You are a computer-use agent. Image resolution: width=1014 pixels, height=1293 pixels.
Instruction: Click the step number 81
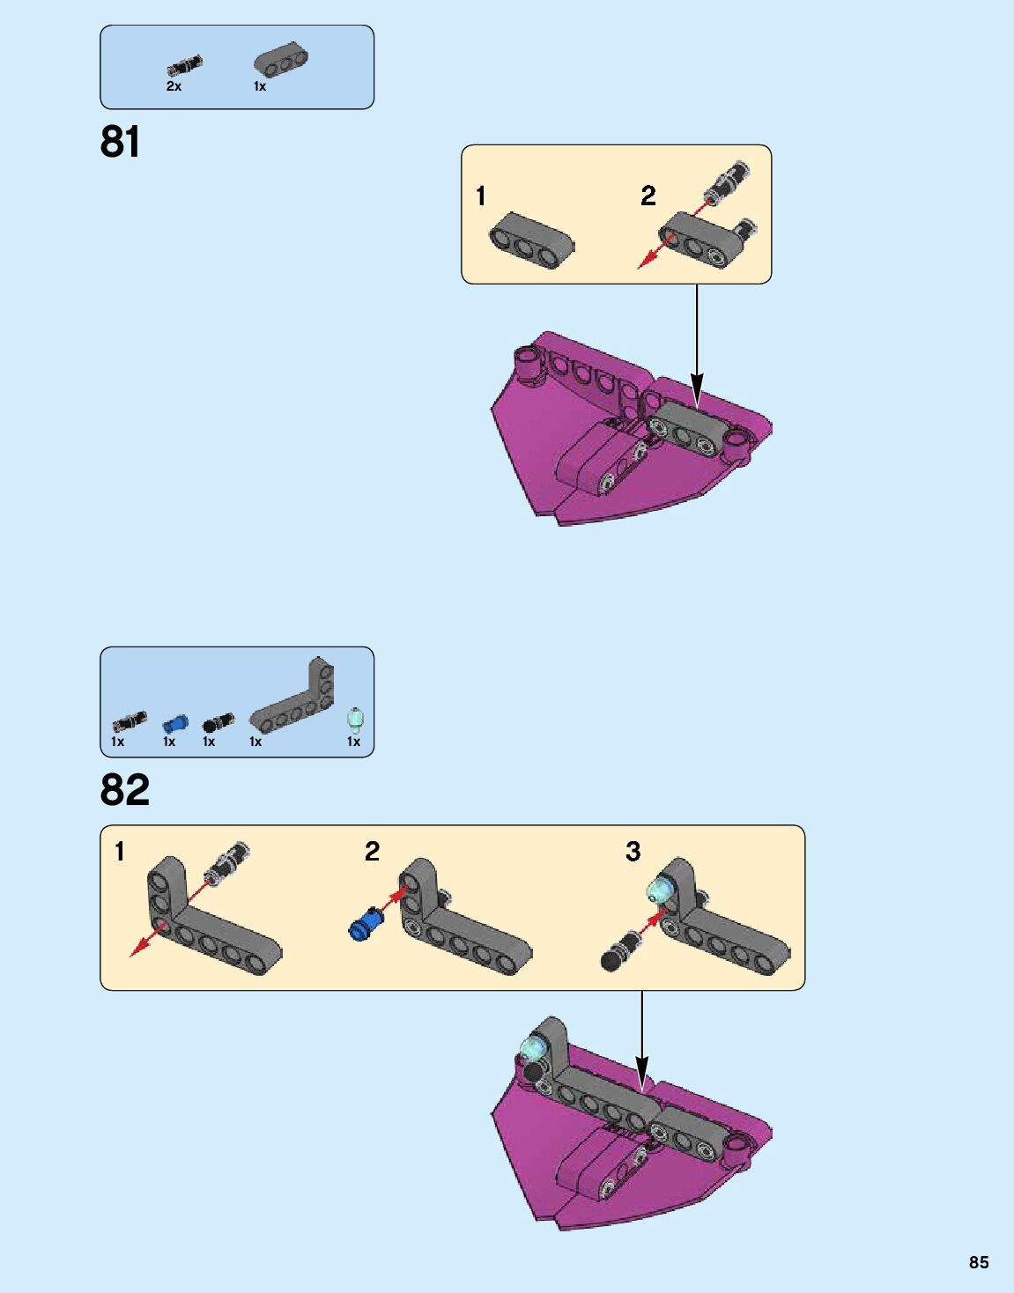click(x=120, y=142)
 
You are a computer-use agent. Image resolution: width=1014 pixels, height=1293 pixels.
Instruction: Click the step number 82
click(x=124, y=790)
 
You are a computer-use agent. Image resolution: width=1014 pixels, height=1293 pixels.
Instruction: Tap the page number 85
click(x=979, y=1262)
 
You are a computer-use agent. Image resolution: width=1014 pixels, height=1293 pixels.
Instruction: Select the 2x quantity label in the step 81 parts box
click(x=174, y=87)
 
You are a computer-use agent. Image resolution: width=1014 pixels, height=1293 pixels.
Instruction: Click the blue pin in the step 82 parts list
click(x=175, y=724)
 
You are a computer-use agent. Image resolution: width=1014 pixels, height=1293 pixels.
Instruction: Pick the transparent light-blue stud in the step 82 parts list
click(x=354, y=719)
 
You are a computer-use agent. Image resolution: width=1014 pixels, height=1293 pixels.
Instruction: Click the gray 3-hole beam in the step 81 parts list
click(x=281, y=59)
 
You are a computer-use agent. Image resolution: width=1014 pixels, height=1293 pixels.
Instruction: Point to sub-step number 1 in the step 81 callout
click(x=480, y=196)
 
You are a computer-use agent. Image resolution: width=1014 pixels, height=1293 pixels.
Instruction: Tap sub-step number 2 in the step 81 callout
click(x=648, y=196)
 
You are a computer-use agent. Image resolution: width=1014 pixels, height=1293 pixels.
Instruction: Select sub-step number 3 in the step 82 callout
click(x=633, y=852)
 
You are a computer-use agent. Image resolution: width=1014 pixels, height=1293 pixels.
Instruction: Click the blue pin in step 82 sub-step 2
click(x=367, y=924)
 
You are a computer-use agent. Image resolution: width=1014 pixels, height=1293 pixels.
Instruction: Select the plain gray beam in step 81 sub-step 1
click(x=531, y=240)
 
